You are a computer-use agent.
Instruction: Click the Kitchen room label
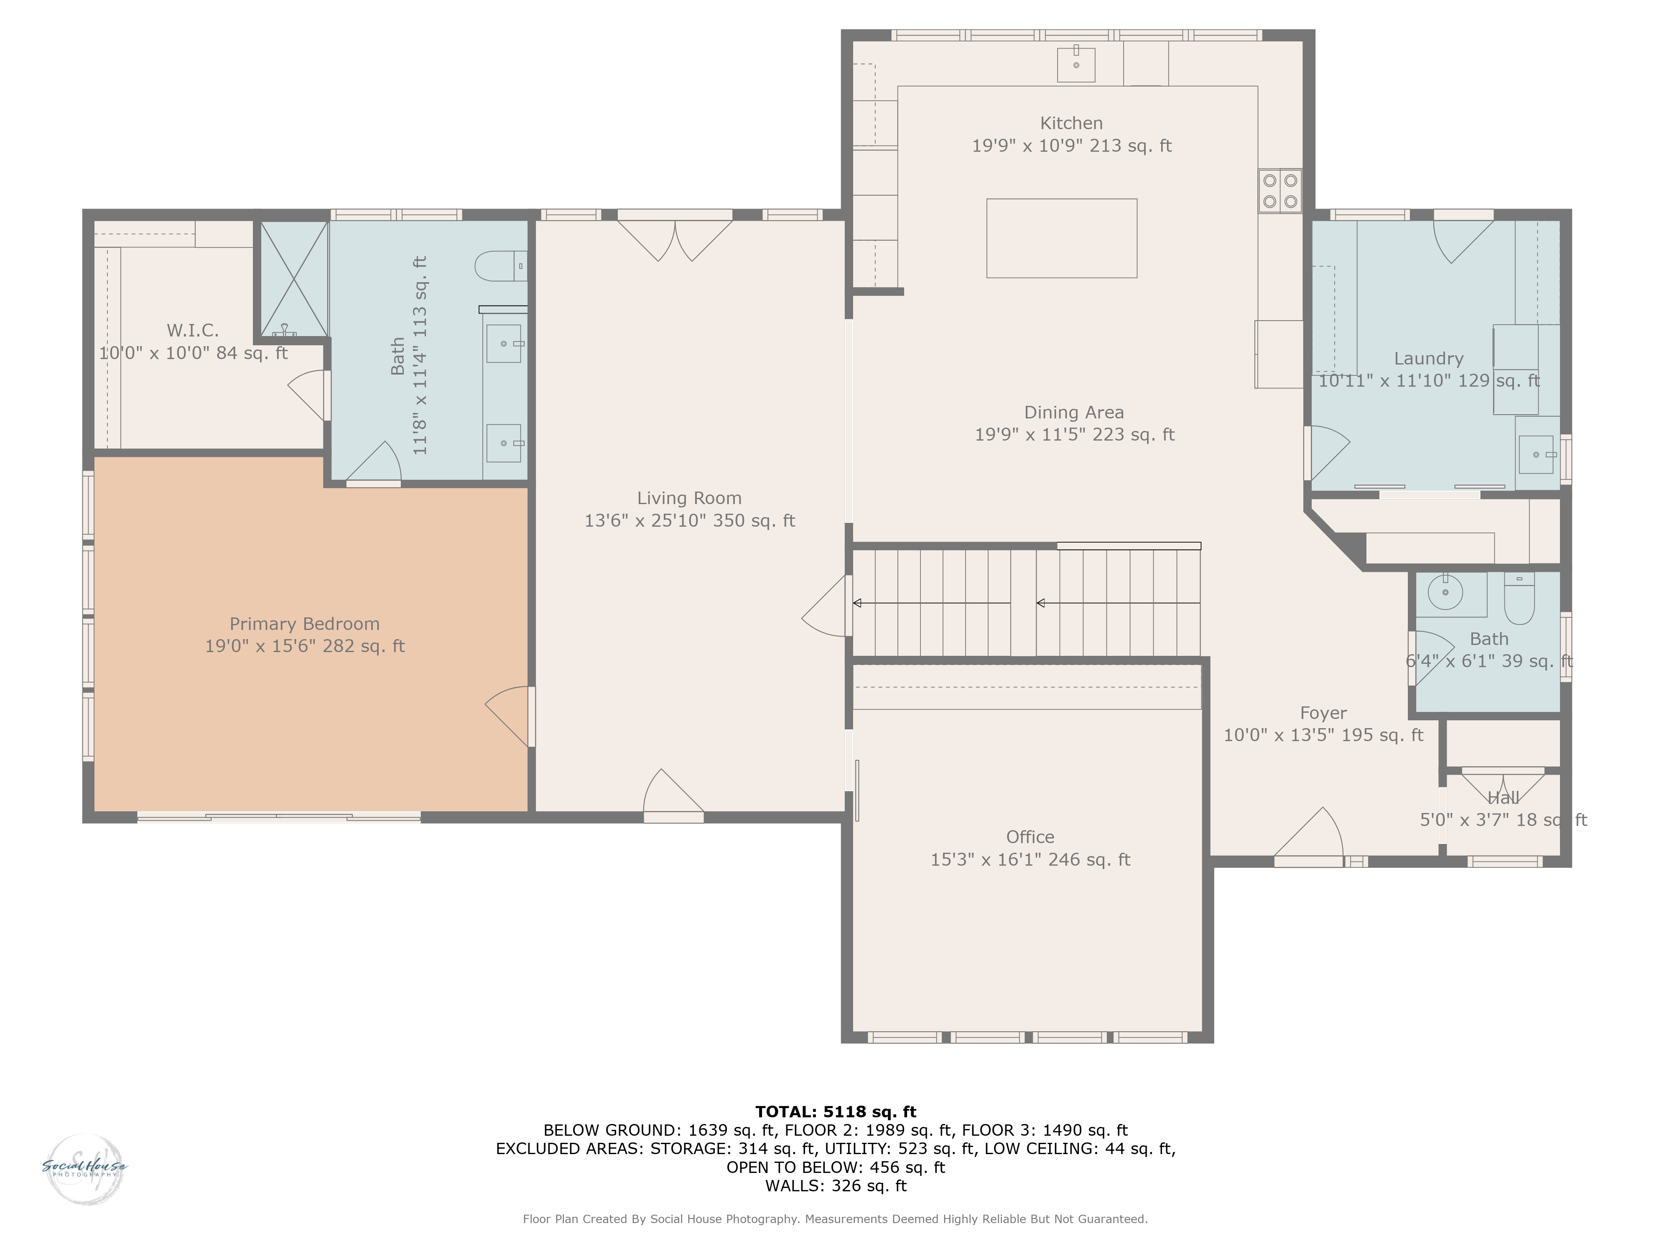[1071, 123]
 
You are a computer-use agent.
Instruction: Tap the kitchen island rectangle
[1061, 238]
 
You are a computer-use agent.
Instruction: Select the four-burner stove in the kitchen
[1279, 191]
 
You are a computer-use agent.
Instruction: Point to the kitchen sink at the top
[1076, 64]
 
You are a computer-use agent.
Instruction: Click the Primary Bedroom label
[305, 624]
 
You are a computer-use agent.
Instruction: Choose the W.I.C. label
[193, 330]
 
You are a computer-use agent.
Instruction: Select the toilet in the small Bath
[1519, 598]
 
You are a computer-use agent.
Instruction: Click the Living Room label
[689, 498]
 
